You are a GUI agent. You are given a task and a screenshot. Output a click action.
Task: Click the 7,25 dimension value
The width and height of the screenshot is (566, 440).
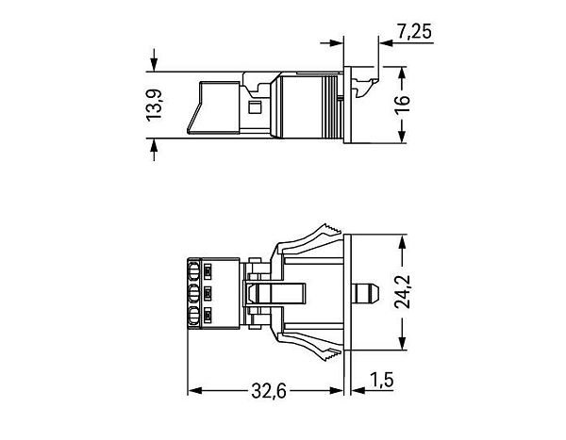click(x=414, y=31)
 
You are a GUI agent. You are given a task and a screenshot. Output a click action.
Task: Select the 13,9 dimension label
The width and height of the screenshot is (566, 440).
click(x=154, y=105)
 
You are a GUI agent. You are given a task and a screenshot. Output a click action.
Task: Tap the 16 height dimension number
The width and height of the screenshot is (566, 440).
click(x=402, y=105)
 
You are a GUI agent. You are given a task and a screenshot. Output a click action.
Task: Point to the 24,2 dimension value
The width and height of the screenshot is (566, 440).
click(x=402, y=292)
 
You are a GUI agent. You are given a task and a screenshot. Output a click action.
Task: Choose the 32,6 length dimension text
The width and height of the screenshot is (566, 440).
click(x=269, y=391)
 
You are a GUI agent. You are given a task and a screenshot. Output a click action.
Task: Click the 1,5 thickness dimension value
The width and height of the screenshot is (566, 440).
click(x=381, y=380)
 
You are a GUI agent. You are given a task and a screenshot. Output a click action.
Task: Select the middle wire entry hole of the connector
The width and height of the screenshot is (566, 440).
click(x=193, y=294)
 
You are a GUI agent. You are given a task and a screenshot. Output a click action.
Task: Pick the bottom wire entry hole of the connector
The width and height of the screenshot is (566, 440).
click(x=193, y=317)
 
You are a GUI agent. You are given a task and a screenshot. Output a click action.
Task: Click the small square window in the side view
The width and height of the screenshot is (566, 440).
click(x=256, y=107)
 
